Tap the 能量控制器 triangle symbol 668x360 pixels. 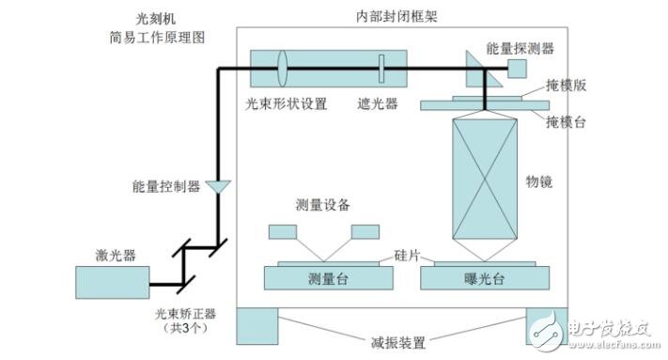tap(218, 187)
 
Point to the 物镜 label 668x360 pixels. tap(540, 182)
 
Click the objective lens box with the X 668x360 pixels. tap(486, 180)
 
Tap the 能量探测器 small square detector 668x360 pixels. tap(518, 69)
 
